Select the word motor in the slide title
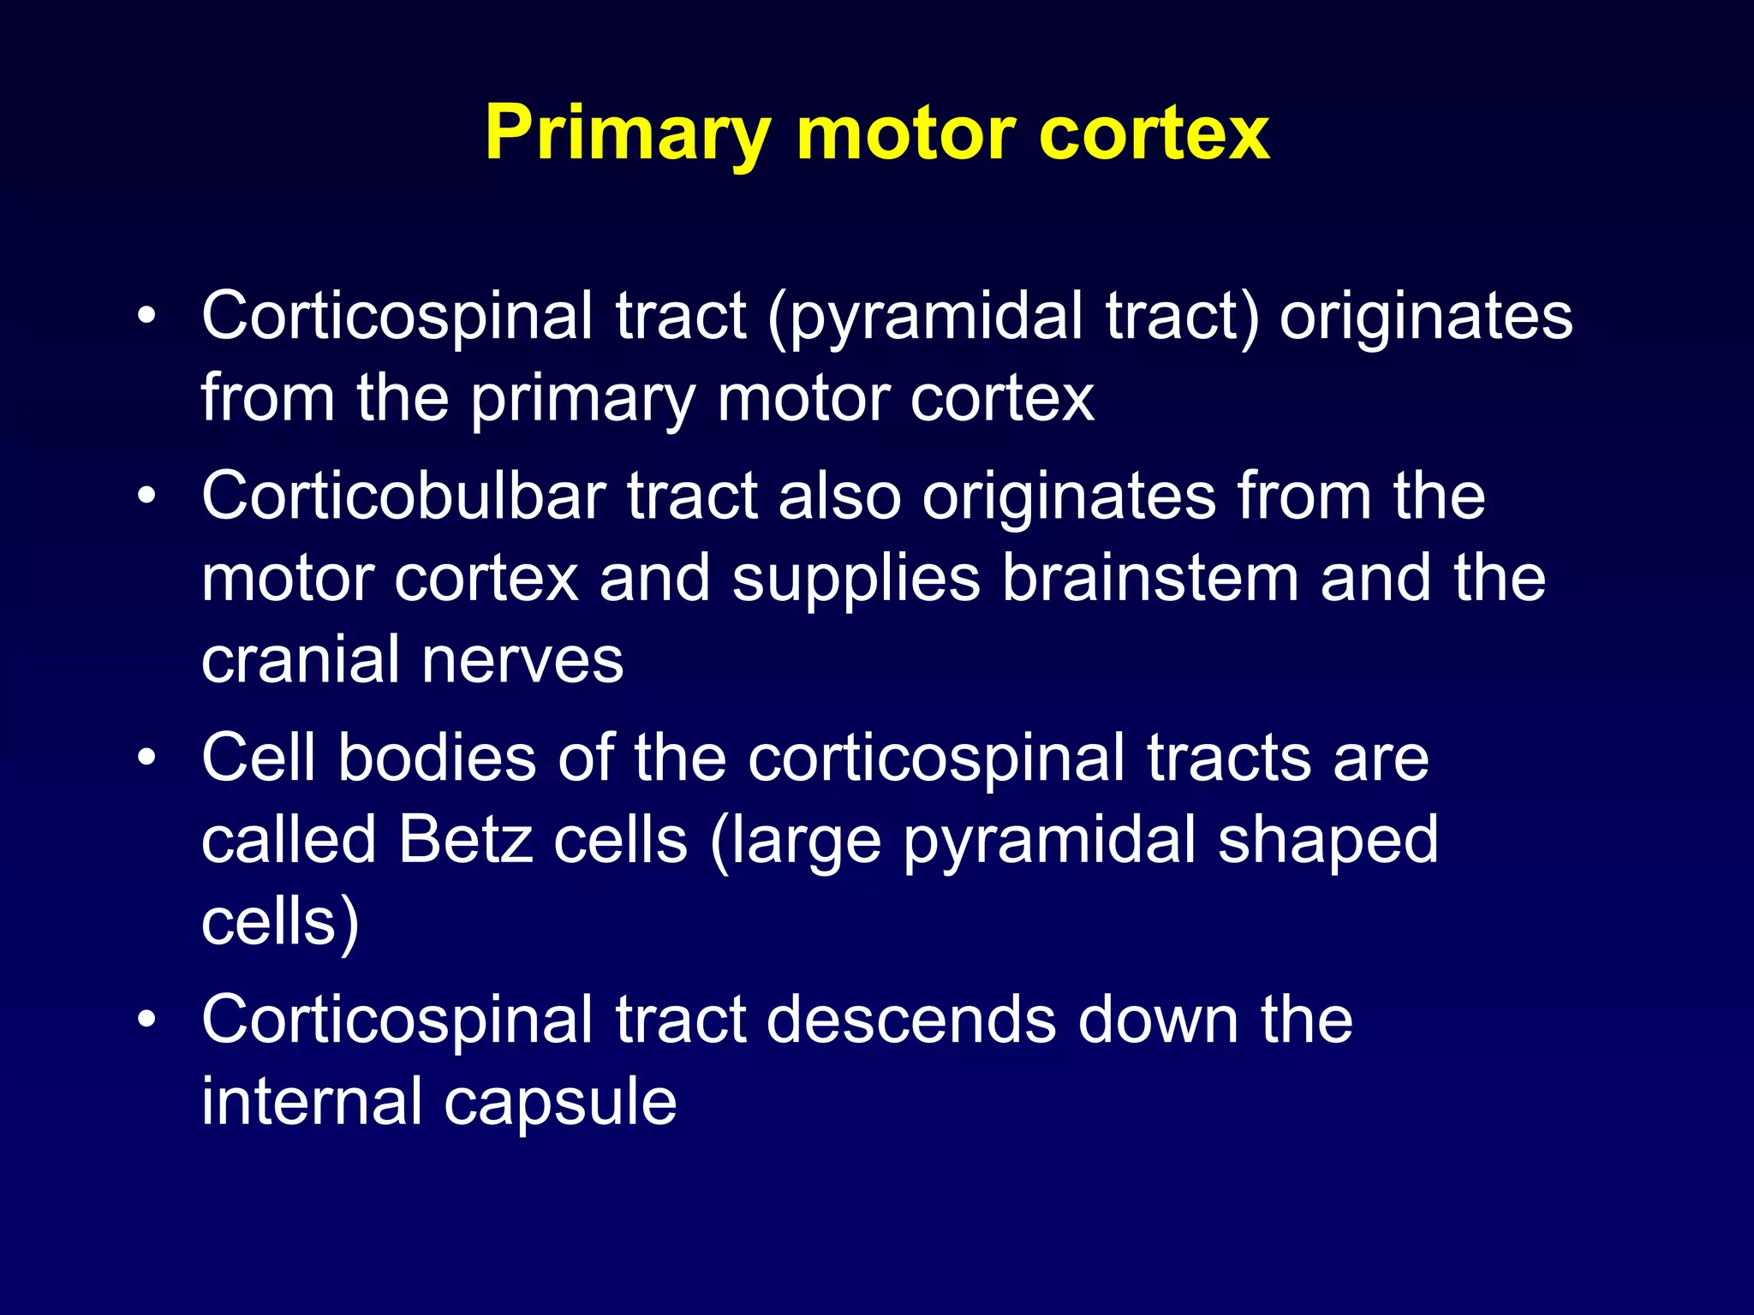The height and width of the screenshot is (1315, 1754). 906,134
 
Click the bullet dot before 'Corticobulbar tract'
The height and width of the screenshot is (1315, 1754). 147,496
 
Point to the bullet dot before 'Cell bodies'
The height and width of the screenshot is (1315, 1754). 147,758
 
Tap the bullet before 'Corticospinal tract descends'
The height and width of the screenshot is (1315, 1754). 147,1020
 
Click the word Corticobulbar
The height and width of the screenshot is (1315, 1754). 403,496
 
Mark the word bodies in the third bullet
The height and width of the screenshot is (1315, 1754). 437,758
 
